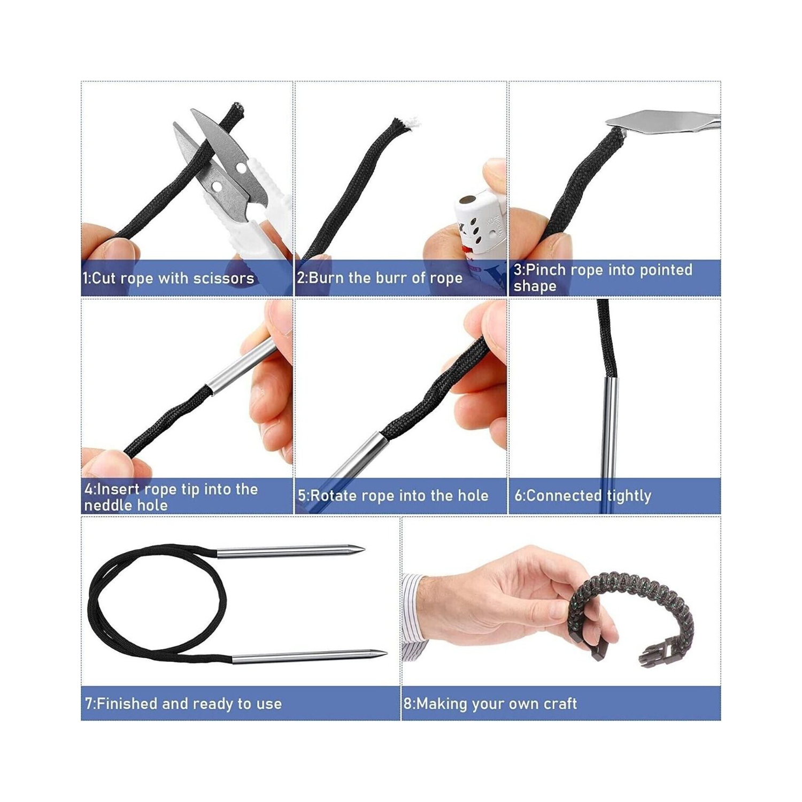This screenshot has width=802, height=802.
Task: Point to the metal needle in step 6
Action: coord(609,428)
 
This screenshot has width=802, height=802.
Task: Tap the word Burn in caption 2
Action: coord(326,278)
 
